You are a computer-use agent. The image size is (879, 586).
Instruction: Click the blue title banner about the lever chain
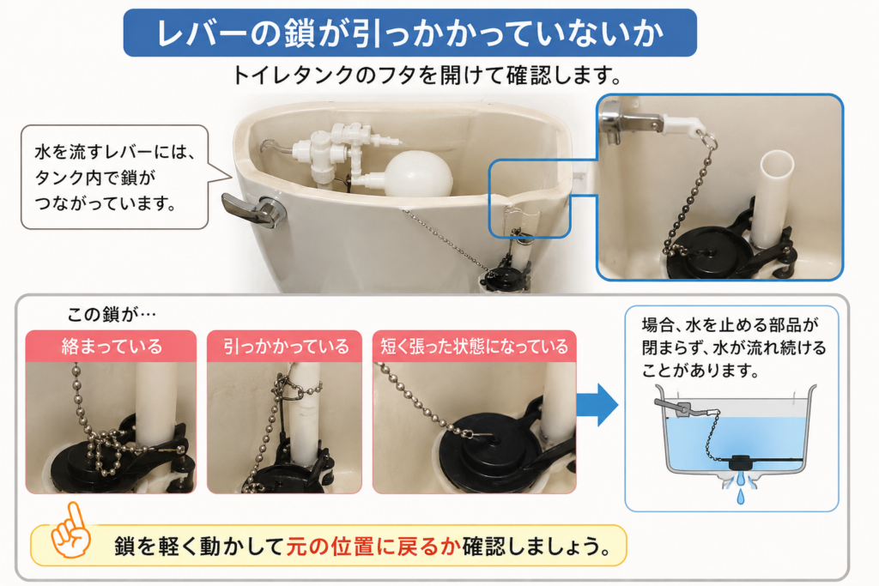point(409,33)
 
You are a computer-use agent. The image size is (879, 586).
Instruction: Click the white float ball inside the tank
point(419,174)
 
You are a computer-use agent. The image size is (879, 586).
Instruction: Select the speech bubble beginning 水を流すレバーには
point(115,177)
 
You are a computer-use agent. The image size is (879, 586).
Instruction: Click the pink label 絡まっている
point(111,347)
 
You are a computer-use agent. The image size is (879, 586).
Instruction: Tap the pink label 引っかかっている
point(285,347)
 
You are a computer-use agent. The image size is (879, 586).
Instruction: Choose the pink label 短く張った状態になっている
point(474,347)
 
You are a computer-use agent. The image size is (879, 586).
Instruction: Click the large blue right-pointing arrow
point(597,404)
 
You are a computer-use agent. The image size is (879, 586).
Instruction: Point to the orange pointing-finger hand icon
point(70,530)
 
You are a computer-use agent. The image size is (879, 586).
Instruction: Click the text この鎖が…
point(111,314)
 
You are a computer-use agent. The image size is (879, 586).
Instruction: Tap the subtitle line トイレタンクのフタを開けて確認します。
point(426,75)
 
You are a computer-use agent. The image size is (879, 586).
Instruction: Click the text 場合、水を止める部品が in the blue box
point(730,325)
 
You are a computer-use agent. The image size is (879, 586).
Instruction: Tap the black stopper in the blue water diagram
point(741,462)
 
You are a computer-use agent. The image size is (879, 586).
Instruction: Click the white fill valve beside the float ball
point(336,151)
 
